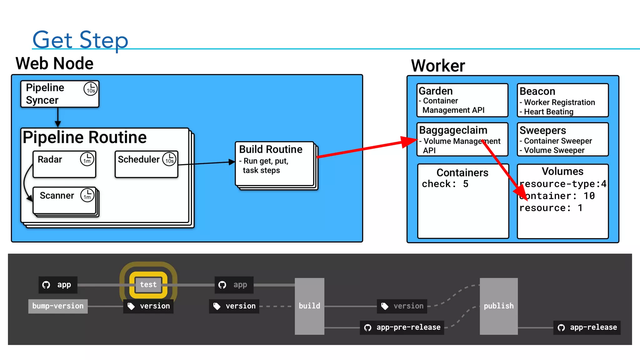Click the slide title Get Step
(x=80, y=40)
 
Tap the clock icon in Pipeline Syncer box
(x=91, y=89)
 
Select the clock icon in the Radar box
(x=87, y=159)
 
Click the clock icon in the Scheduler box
(x=169, y=159)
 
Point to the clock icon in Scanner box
(x=87, y=195)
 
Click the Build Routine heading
(x=271, y=149)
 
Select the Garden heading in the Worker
(x=436, y=91)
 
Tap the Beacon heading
(x=537, y=91)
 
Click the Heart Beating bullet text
(x=548, y=112)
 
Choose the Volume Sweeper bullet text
(x=554, y=151)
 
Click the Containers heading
(x=462, y=172)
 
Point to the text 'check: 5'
(x=445, y=184)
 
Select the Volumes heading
(x=562, y=171)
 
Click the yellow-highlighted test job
(x=148, y=285)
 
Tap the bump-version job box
(x=58, y=306)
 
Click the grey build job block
(x=309, y=306)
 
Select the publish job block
(x=498, y=306)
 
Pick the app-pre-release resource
(x=402, y=327)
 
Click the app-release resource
(x=587, y=327)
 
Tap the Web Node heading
(x=54, y=63)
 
